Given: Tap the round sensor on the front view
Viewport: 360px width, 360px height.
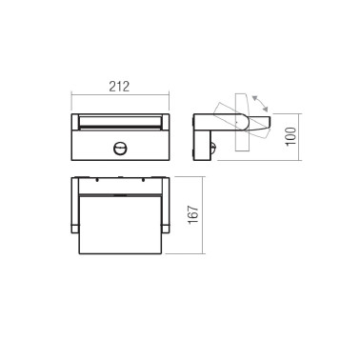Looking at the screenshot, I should (121, 150).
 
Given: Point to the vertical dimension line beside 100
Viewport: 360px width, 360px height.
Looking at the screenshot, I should (295, 139).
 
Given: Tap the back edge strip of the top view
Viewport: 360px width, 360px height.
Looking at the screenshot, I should (121, 181).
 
